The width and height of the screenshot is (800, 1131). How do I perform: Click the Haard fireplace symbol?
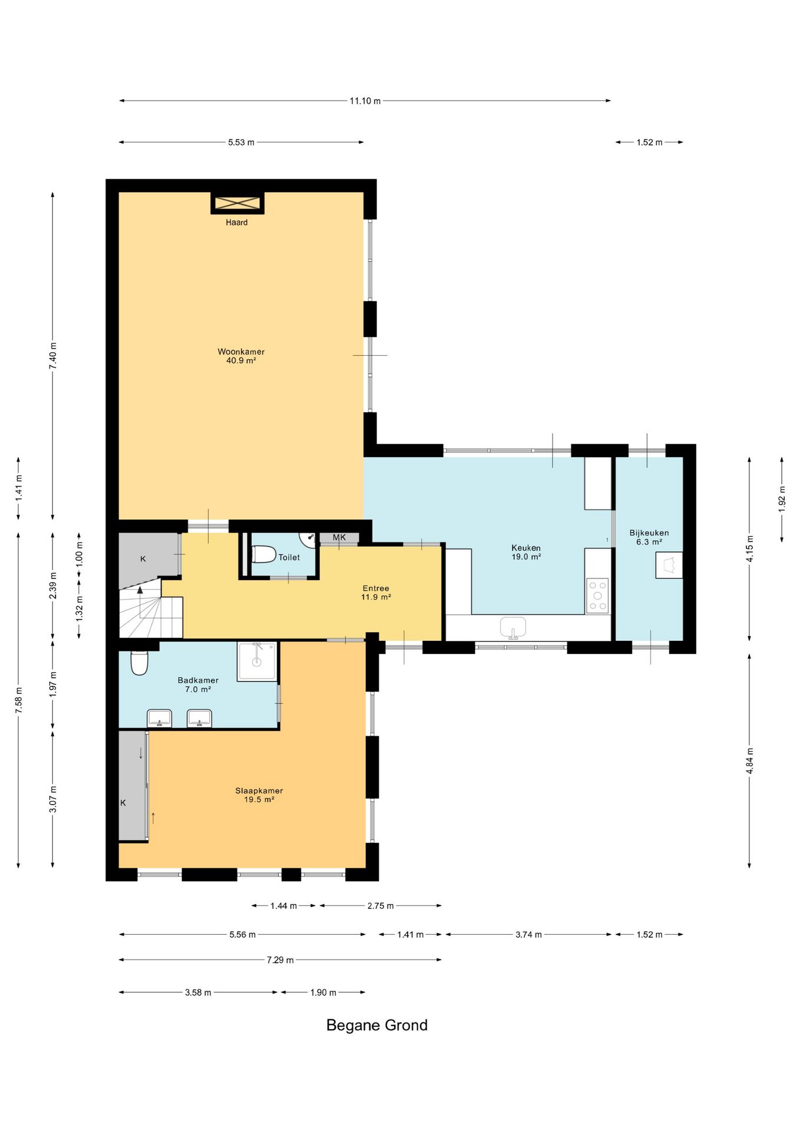tap(237, 203)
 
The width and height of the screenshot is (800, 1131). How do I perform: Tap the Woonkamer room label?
tap(241, 352)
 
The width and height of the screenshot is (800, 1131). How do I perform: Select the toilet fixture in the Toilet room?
tap(263, 554)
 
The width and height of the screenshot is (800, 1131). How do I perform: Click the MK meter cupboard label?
tap(339, 537)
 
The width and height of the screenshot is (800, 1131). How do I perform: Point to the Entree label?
tap(376, 588)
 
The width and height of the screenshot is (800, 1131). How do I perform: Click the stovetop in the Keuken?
tap(597, 596)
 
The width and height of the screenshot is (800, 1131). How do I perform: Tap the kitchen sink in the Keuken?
tap(513, 628)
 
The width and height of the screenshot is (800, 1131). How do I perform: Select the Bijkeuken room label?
tap(649, 533)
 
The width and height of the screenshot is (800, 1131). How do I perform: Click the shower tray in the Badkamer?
tap(257, 662)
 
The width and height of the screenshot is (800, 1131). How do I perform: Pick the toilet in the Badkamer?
tap(139, 663)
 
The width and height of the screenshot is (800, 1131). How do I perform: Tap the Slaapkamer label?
tap(259, 791)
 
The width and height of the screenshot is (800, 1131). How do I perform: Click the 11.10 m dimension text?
tap(365, 101)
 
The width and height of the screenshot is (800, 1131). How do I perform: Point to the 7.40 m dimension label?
tap(53, 356)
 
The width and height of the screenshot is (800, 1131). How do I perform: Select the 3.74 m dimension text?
tap(528, 934)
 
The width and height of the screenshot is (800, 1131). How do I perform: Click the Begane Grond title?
tap(377, 1025)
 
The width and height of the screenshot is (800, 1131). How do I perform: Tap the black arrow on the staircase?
tap(140, 589)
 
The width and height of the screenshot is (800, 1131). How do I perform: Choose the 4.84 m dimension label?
tap(750, 760)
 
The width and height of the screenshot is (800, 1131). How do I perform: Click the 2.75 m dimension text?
tap(381, 905)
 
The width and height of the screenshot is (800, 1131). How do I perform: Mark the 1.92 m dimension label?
tap(782, 499)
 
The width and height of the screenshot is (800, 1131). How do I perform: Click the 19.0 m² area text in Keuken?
tap(526, 556)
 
